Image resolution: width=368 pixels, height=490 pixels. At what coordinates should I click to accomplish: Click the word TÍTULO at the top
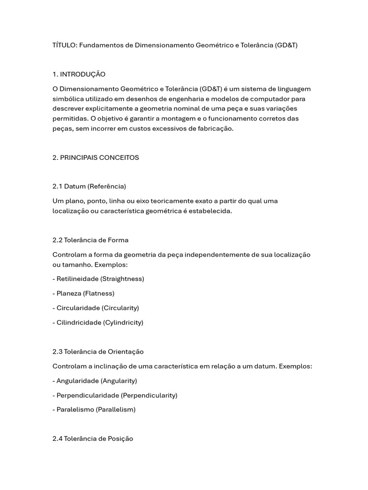point(64,45)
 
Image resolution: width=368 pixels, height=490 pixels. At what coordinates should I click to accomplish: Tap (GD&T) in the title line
point(287,45)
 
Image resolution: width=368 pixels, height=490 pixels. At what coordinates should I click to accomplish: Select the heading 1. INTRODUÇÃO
point(79,74)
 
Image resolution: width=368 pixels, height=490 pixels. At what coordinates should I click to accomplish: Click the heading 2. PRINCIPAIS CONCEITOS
point(96,157)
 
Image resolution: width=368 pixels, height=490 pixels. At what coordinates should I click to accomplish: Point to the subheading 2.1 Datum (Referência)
point(89,186)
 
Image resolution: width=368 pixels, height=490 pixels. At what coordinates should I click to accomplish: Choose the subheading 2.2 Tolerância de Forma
point(91,240)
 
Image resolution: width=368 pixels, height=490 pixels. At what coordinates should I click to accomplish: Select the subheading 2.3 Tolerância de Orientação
point(98,352)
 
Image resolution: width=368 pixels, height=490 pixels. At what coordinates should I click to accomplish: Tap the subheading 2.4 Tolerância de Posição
point(93,438)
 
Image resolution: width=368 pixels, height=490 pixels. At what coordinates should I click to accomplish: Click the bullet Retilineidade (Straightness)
point(98,278)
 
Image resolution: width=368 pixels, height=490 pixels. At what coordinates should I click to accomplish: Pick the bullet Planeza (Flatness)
point(83,293)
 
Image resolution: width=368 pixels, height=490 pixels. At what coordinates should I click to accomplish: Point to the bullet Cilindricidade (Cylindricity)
point(98,323)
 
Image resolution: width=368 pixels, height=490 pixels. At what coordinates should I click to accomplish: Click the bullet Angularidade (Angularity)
point(95,381)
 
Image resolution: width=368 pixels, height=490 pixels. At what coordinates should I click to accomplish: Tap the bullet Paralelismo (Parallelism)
point(94,410)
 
